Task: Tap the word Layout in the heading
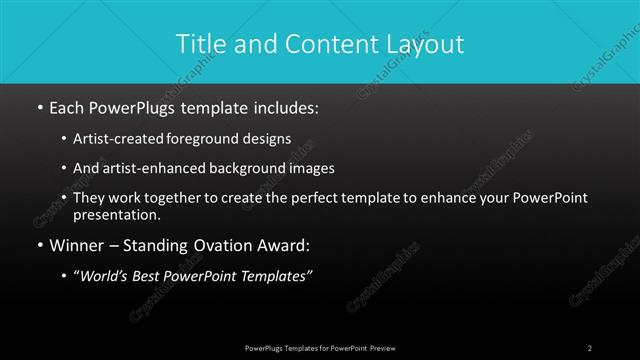pyautogui.click(x=427, y=44)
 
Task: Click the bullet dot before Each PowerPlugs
pyautogui.click(x=39, y=106)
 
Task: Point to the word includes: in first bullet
pyautogui.click(x=284, y=106)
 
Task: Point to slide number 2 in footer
pyautogui.click(x=590, y=348)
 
